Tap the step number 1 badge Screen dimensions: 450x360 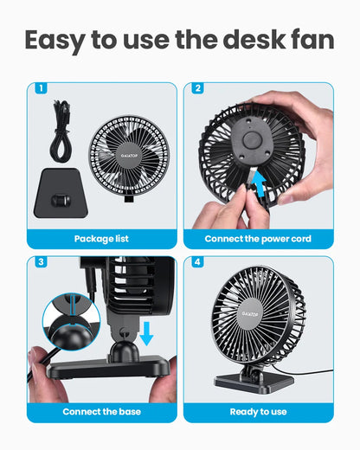coord(41,88)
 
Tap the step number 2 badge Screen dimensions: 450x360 coord(197,88)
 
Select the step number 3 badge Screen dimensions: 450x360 coord(41,262)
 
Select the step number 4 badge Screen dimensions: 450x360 coord(197,262)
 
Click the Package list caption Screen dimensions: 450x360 coord(101,238)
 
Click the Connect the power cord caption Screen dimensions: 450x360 coord(258,238)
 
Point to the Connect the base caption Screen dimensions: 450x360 coord(101,411)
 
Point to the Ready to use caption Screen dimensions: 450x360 coord(258,411)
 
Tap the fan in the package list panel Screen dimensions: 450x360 coord(130,156)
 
